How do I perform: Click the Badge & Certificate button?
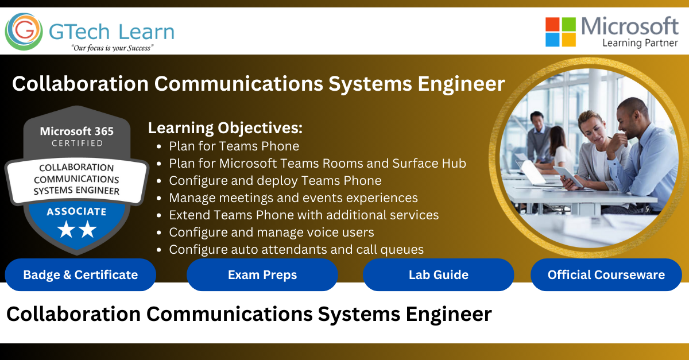(x=80, y=274)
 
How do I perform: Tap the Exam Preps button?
(x=262, y=274)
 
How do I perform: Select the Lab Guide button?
(x=438, y=274)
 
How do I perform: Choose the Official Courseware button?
(x=606, y=274)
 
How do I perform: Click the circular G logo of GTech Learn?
(x=24, y=32)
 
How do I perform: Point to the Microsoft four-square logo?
(x=560, y=32)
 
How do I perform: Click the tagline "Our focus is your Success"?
(x=113, y=48)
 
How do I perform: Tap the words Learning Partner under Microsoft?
(x=640, y=42)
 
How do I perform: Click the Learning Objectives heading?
(x=225, y=128)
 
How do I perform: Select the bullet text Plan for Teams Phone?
(x=234, y=146)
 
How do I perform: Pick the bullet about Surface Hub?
(x=318, y=164)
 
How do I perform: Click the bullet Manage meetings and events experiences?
(x=293, y=198)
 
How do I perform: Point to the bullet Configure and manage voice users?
(x=271, y=233)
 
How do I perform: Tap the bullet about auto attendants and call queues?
(x=296, y=250)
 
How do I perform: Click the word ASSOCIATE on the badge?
(x=76, y=212)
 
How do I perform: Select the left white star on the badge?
(x=66, y=229)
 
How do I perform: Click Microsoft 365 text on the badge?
(x=77, y=131)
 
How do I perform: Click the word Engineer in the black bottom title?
(x=448, y=315)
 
